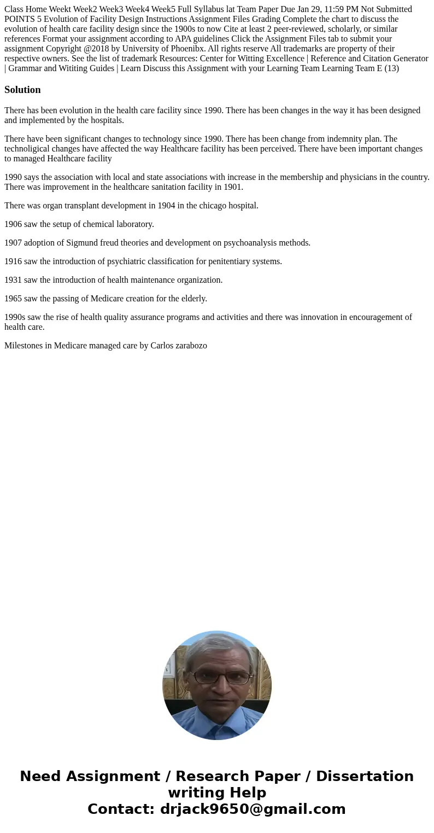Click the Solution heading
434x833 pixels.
[22, 90]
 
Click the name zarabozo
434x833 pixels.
[189, 346]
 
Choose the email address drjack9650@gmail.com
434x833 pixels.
[253, 809]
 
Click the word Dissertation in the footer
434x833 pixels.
[365, 776]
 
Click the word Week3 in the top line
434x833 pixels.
[112, 9]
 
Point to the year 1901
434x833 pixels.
[232, 187]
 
